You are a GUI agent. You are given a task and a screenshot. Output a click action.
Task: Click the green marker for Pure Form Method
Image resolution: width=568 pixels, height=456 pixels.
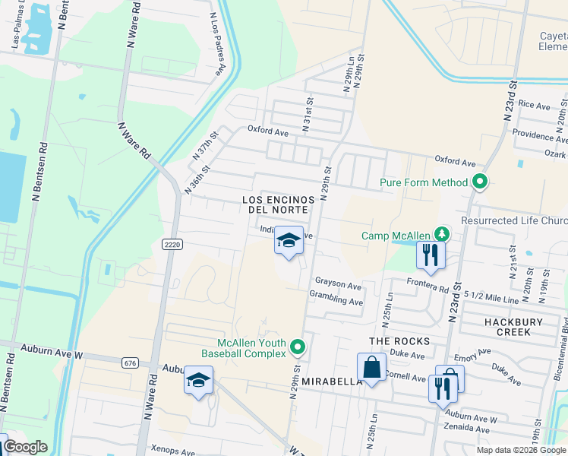pyautogui.click(x=479, y=182)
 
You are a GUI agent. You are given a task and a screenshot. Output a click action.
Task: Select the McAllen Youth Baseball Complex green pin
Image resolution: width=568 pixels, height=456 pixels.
pyautogui.click(x=298, y=348)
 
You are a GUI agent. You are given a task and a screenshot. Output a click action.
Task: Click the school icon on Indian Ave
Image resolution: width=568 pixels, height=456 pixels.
pyautogui.click(x=289, y=242)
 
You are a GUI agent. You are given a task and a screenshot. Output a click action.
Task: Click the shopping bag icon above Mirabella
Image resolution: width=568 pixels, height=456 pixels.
pyautogui.click(x=371, y=368)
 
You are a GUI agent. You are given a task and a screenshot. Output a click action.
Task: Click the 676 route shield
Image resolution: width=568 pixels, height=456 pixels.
pyautogui.click(x=130, y=363)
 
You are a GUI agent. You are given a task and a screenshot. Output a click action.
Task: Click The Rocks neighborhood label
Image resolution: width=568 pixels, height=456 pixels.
pyautogui.click(x=399, y=341)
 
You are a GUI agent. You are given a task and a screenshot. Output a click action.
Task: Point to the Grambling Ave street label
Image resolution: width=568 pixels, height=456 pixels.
pyautogui.click(x=336, y=301)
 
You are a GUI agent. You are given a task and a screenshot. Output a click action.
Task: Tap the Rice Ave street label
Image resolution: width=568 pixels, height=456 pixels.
pyautogui.click(x=535, y=106)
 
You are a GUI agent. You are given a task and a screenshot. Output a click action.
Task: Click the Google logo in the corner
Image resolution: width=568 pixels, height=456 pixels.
pyautogui.click(x=25, y=447)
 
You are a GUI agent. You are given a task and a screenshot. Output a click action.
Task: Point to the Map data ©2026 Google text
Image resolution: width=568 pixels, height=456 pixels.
pyautogui.click(x=520, y=450)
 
